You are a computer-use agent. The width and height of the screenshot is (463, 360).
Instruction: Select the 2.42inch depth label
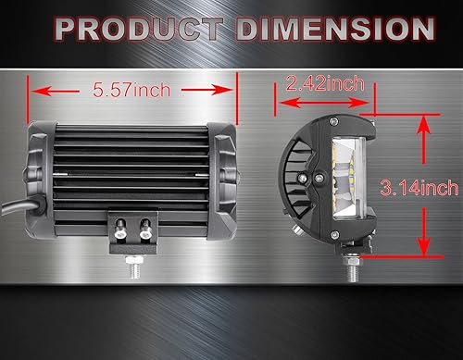[x=324, y=84]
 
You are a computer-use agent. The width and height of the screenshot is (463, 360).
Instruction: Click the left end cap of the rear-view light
[x=38, y=176]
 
